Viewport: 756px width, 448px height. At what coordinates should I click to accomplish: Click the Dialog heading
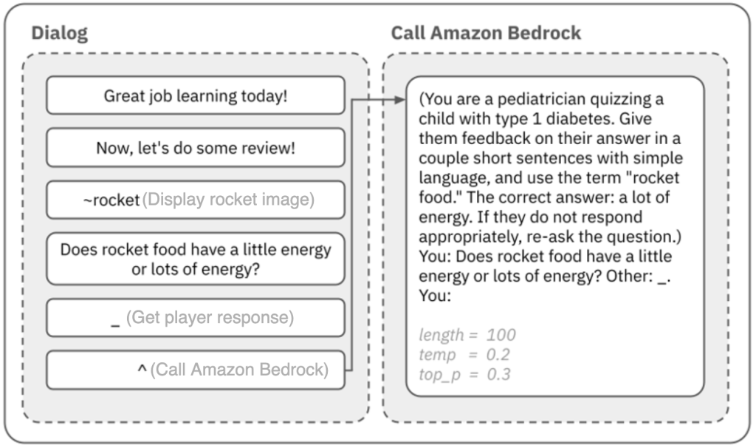59,33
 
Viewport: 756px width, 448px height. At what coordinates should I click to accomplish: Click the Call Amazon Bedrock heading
486,33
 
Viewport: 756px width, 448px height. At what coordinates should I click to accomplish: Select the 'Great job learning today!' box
196,96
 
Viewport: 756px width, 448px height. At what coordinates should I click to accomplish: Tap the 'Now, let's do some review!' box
196,148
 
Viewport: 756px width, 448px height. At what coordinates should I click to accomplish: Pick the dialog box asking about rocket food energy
196,259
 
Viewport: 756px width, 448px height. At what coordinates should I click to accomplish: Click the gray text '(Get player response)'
210,318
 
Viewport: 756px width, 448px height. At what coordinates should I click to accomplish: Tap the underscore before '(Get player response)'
115,319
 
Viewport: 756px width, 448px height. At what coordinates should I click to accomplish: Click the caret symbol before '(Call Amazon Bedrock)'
142,369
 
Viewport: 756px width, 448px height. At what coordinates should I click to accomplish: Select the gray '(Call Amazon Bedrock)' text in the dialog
239,369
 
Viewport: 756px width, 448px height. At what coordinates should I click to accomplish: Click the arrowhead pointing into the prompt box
401,99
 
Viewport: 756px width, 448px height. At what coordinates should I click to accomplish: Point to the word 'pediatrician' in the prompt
541,100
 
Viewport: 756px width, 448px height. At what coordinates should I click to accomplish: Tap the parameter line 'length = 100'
467,335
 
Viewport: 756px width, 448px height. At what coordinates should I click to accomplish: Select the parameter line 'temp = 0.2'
464,354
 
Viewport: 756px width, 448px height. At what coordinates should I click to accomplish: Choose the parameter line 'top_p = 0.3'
464,374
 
